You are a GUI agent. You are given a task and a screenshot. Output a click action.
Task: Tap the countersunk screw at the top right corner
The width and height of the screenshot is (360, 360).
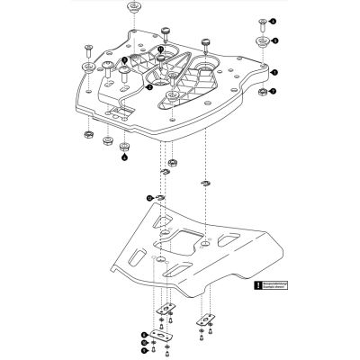click(259, 20)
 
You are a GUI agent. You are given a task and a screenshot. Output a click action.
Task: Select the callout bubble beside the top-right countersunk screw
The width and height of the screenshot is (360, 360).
click(275, 20)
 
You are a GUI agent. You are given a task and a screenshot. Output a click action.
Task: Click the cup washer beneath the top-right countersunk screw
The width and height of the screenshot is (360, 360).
click(259, 41)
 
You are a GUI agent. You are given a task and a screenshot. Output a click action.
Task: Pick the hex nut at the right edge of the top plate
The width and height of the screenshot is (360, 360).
click(259, 92)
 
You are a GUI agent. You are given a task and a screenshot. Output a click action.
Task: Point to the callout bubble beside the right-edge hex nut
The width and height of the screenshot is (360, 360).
click(274, 91)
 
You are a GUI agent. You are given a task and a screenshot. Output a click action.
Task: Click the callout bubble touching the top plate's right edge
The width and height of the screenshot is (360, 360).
click(274, 70)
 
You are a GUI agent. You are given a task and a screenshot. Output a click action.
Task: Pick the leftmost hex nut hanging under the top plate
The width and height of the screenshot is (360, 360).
click(88, 134)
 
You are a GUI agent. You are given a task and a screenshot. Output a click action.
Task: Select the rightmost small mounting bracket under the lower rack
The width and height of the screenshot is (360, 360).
click(206, 316)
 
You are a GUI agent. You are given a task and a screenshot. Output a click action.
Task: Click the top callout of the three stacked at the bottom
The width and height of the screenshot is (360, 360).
click(146, 334)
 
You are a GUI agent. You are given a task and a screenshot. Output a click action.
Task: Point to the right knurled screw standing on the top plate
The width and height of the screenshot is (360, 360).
click(205, 41)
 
